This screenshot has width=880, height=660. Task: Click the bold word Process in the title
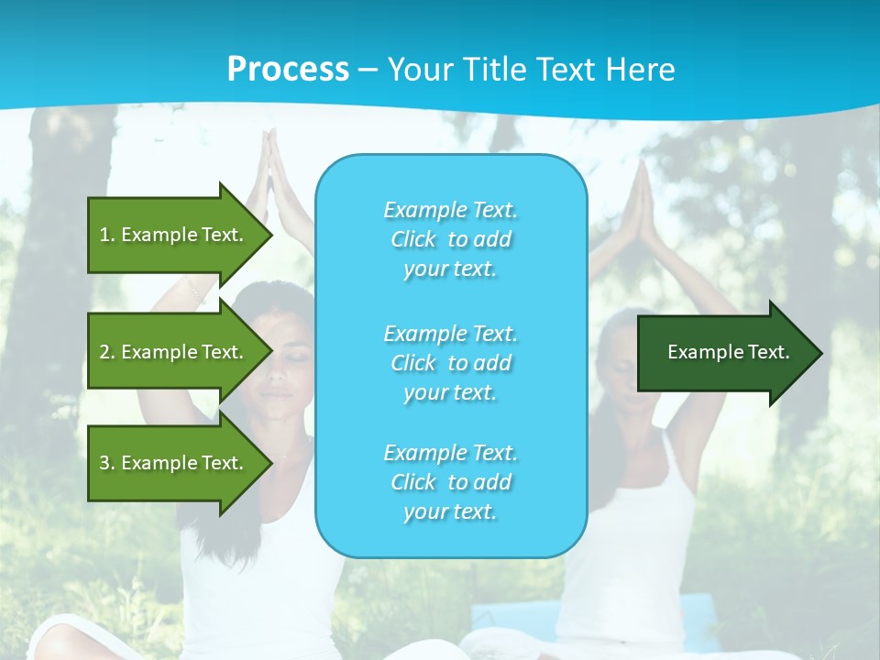tap(288, 70)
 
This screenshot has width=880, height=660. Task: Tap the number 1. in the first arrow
tap(107, 235)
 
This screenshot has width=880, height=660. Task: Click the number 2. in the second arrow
tap(107, 352)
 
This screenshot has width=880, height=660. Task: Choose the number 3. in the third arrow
tap(107, 463)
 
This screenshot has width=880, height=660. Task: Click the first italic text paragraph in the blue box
tap(450, 239)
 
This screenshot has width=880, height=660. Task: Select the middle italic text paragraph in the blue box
tap(450, 363)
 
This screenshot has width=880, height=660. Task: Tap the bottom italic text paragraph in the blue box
tap(450, 482)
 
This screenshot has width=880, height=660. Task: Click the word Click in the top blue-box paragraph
tap(413, 239)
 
